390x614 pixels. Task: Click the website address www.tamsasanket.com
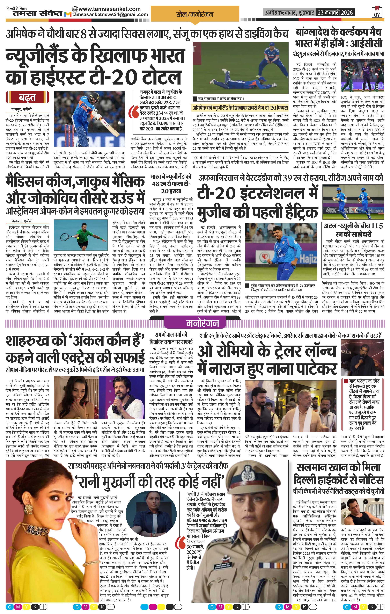(x=110, y=9)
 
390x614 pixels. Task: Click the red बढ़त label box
(x=27, y=98)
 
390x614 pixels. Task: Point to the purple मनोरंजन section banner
(x=195, y=323)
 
